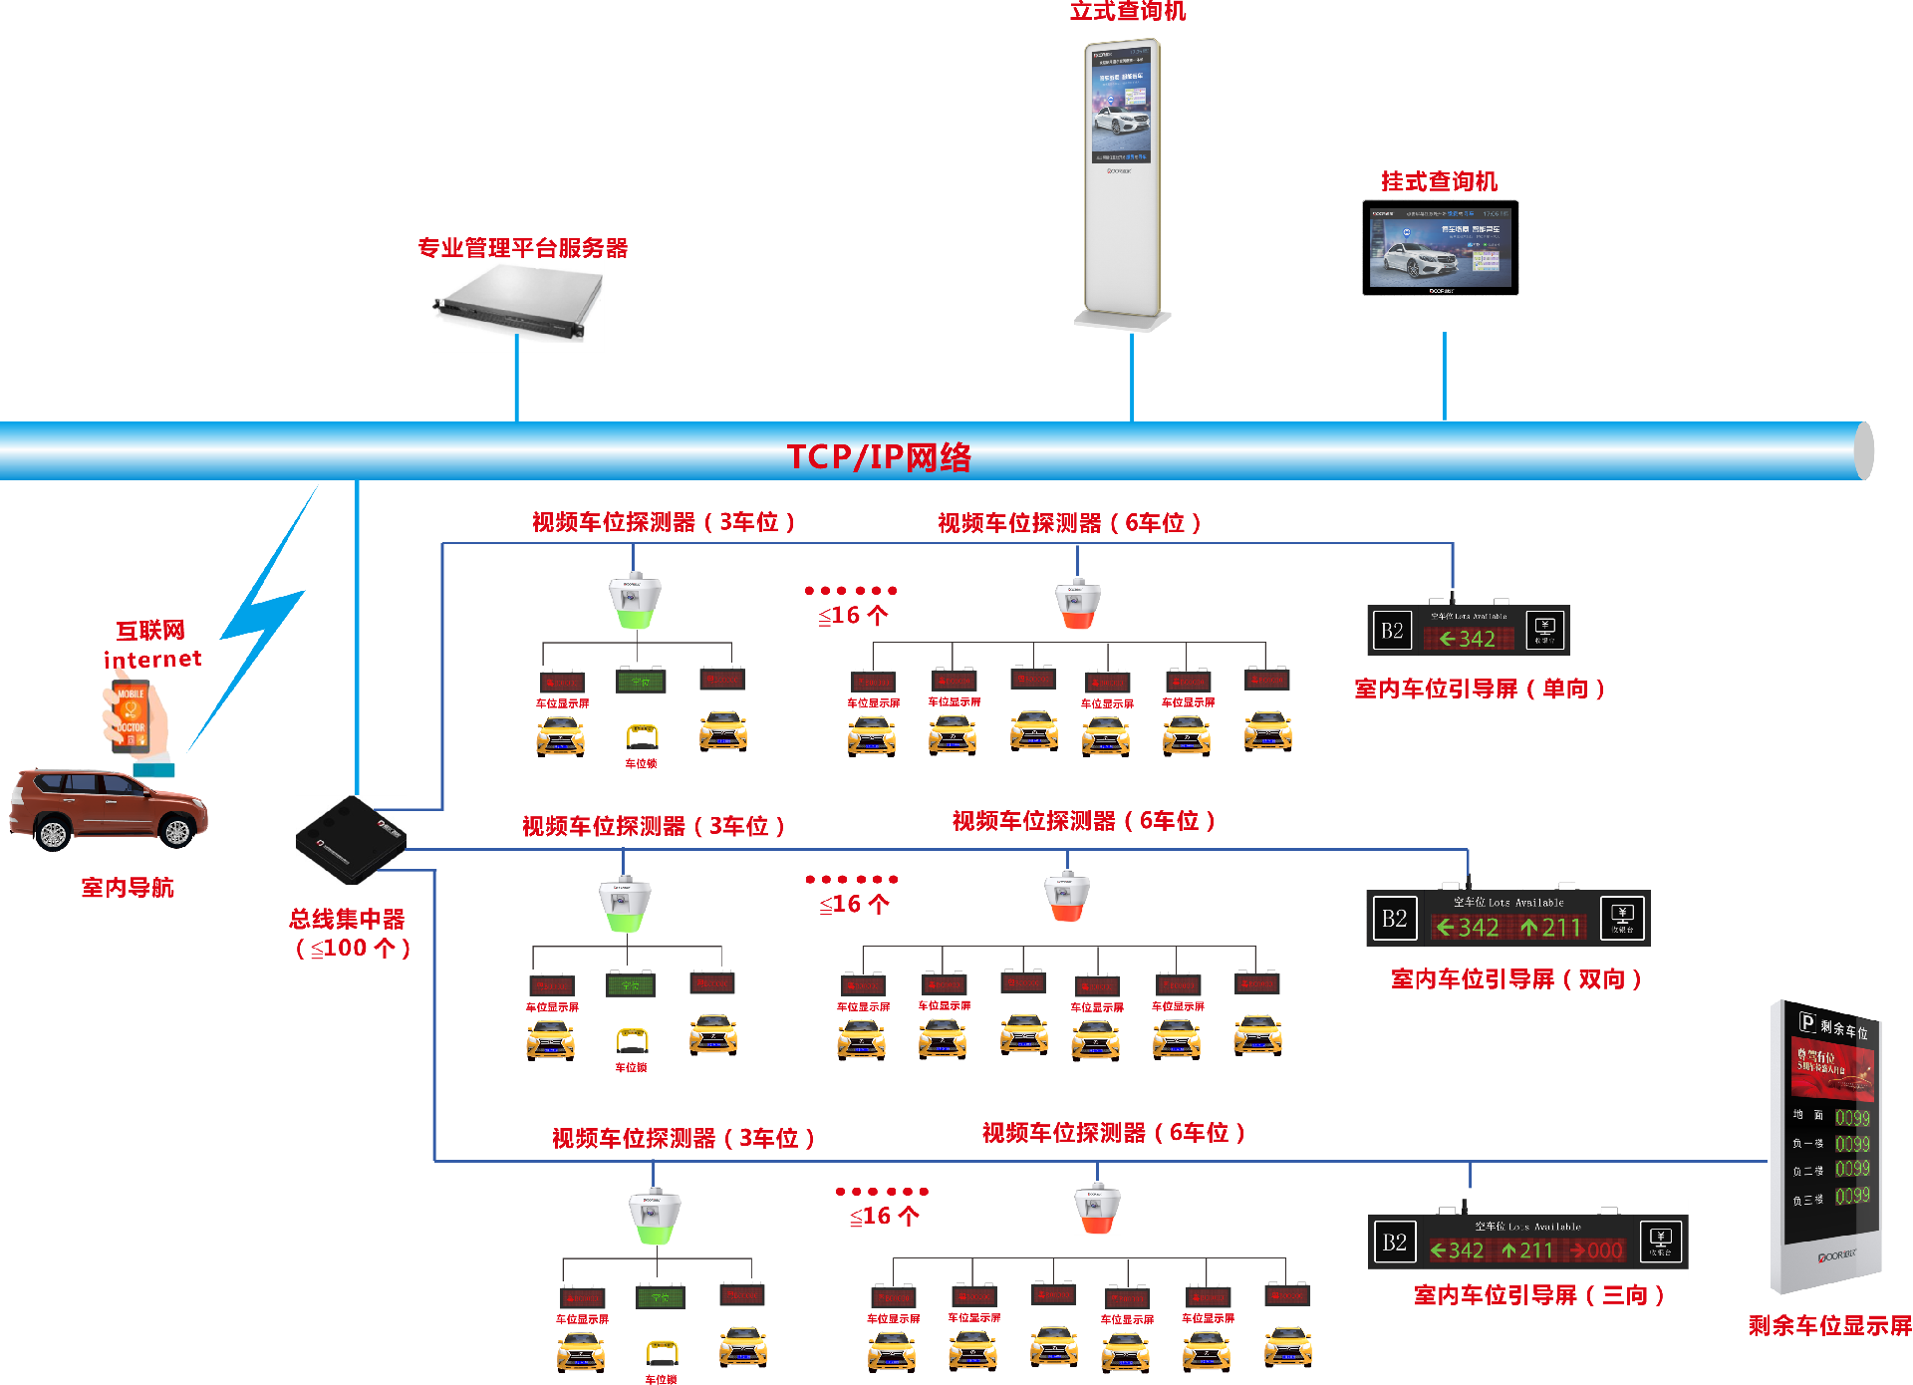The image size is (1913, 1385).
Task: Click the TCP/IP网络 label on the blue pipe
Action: pos(878,456)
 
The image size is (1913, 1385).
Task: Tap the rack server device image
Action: pos(518,303)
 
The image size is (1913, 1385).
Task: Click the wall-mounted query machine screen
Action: pos(1440,248)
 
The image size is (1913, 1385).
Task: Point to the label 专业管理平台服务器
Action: pos(522,248)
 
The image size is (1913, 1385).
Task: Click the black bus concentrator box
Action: pos(351,839)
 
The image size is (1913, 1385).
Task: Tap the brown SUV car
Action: pos(108,807)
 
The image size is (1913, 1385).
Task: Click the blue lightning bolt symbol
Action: pos(257,618)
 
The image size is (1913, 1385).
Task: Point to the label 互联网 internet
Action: pos(151,645)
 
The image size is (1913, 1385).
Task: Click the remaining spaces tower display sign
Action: pos(1827,1146)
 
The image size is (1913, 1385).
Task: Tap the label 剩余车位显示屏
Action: pos(1829,1326)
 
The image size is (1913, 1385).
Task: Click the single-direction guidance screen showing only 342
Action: pos(1468,630)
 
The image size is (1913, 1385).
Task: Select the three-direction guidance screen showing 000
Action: pos(1527,1242)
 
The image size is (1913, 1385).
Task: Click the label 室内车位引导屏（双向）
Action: pos(1515,979)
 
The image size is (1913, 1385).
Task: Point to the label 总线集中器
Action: pos(347,919)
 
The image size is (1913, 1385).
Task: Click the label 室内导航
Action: pos(128,888)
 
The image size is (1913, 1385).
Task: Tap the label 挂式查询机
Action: pos(1439,181)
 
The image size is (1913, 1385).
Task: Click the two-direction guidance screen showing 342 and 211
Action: pos(1508,918)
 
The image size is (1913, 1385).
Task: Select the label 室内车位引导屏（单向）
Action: pos(1480,689)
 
